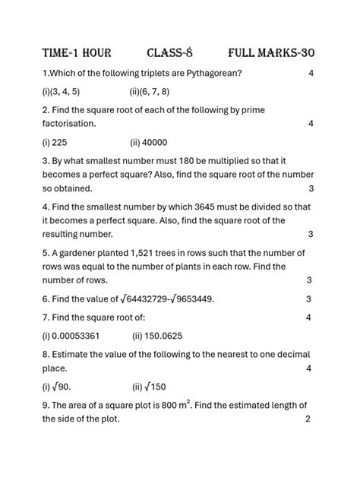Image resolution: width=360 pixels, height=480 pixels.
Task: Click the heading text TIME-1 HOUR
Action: pos(77,52)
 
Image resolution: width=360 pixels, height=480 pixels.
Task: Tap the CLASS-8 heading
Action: pos(170,52)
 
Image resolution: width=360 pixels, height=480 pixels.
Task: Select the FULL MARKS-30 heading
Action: pos(271,52)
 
